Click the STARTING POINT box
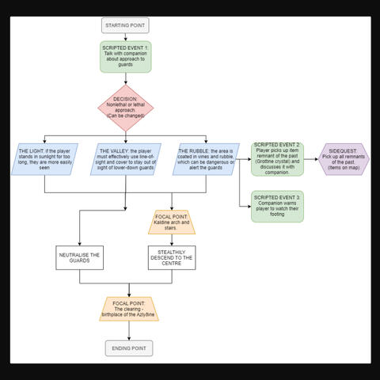coord(125,25)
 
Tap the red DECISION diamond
coord(125,108)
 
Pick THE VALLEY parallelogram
coord(125,158)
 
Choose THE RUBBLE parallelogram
coord(205,158)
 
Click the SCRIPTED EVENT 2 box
coord(277,158)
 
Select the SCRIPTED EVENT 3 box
coord(277,206)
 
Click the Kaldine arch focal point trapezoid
coord(171,222)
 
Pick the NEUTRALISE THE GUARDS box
coord(79,257)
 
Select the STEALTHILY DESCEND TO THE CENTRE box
coord(171,257)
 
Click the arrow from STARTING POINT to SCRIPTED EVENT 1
coord(125,37)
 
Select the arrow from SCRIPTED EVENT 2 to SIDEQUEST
coord(312,158)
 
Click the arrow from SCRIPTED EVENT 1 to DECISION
coord(125,79)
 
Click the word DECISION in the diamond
coord(125,99)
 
